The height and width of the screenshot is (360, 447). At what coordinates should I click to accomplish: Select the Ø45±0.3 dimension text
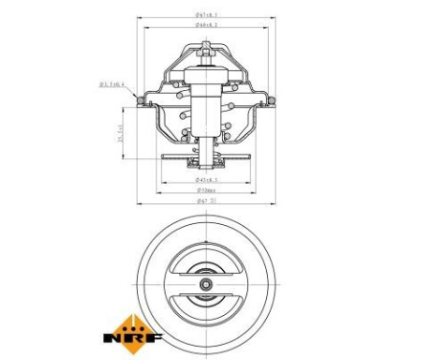click(205, 178)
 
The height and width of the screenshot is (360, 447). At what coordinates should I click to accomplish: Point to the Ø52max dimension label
click(205, 191)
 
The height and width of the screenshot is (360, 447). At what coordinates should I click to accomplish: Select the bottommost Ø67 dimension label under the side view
click(205, 202)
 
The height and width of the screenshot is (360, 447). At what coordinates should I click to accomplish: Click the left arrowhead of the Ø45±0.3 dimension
click(168, 182)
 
